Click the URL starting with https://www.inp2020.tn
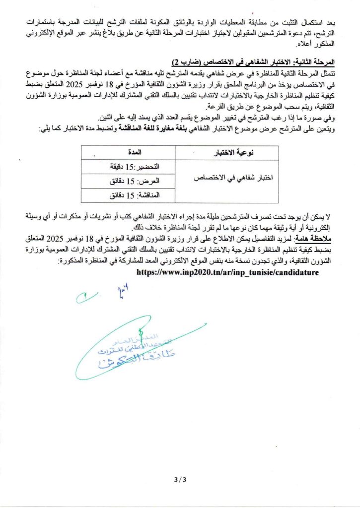(226, 272)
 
